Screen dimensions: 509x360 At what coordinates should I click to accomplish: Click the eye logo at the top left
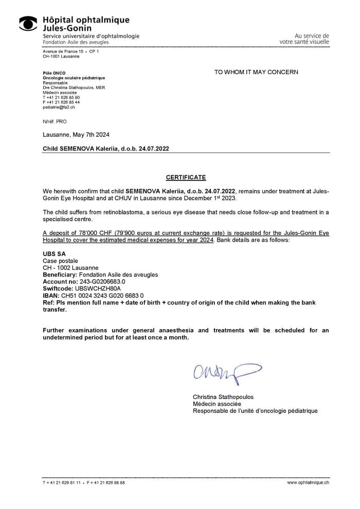pos(28,23)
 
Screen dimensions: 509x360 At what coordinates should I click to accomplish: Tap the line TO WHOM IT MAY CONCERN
pos(256,72)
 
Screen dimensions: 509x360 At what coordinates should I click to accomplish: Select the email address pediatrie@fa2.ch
pos(59,107)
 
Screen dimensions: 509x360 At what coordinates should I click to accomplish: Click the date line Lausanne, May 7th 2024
pos(76,135)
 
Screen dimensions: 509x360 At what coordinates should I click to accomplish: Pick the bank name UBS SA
pos(54,254)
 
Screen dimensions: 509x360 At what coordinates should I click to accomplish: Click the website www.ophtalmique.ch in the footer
pos(308,483)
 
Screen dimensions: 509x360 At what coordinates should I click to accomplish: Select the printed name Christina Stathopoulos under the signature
pos(223,397)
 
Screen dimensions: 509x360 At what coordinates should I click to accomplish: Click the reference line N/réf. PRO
pos(55,121)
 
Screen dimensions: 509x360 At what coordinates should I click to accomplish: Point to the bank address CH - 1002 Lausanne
pos(70,268)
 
